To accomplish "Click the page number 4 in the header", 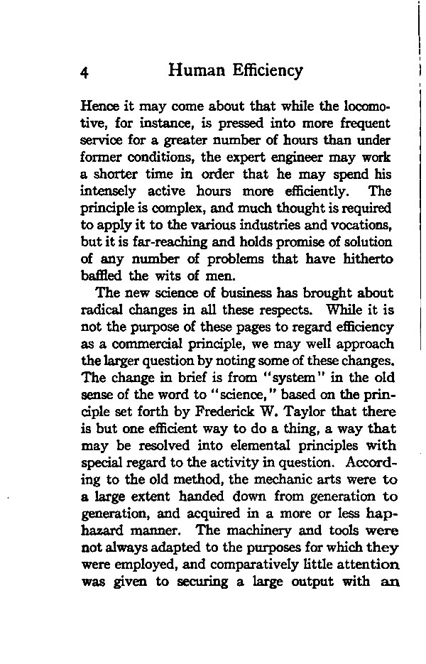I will coord(85,72).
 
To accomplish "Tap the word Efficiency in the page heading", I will coord(266,70).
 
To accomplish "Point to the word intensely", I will coord(107,191).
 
